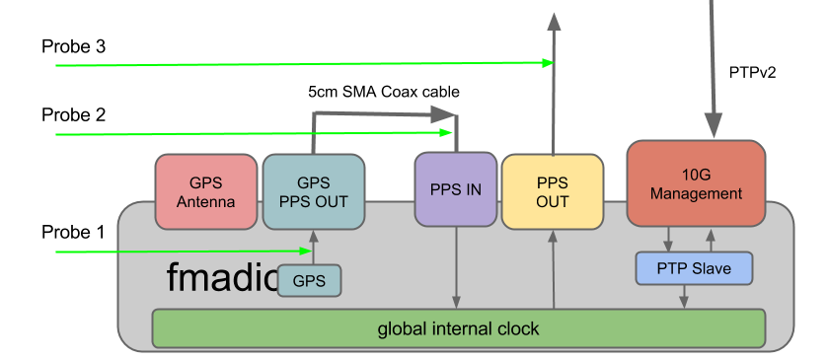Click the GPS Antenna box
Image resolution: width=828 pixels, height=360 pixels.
pos(206,192)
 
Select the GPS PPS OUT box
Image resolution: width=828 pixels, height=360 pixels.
pos(313,192)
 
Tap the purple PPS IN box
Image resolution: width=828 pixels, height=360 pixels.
pos(455,190)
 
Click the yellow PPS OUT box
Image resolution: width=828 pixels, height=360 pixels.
pos(552,192)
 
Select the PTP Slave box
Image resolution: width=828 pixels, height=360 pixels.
pos(693,268)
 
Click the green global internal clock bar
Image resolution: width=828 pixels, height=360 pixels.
pos(458,328)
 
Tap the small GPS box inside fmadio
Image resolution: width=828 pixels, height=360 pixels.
pos(309,280)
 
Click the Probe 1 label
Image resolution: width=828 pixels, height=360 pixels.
pos(72,233)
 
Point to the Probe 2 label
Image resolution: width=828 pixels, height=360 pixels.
pos(73,114)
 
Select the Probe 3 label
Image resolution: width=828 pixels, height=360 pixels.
pos(73,46)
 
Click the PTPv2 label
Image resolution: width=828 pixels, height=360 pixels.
pos(753,71)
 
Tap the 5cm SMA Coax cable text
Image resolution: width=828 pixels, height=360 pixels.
pos(384,92)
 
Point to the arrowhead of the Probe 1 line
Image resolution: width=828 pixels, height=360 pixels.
pos(307,252)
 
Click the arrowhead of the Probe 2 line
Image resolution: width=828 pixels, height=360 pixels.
pos(448,133)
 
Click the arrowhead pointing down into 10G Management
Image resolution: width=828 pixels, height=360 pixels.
pos(711,127)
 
